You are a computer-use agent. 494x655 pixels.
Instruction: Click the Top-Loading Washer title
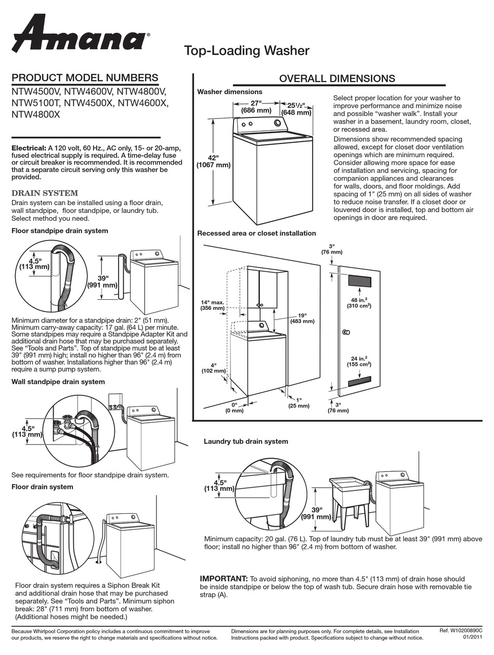coord(246,50)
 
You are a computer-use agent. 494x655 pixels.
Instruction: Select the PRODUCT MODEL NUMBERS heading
coord(85,78)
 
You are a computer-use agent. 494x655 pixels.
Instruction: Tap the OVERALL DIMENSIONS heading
coord(337,78)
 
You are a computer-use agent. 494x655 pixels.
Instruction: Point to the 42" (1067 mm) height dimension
coord(213,161)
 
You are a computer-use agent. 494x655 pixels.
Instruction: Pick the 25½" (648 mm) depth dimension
coord(296,108)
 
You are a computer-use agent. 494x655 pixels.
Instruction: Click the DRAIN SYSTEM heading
coord(45,193)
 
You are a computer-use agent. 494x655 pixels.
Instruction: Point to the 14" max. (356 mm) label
coord(213,305)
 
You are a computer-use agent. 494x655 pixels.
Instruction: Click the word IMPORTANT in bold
coord(224,579)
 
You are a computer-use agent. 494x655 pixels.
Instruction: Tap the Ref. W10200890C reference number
coord(460,630)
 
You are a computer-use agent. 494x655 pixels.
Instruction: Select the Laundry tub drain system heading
coord(245,442)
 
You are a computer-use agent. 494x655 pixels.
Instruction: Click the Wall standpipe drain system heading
coord(58,382)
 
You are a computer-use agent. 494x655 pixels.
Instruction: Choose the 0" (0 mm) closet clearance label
coord(234,408)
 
